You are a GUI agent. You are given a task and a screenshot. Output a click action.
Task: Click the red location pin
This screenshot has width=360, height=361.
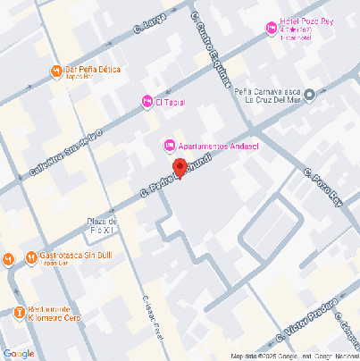[x=179, y=167]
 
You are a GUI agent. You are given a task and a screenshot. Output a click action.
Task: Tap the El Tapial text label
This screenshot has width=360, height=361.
[x=170, y=103]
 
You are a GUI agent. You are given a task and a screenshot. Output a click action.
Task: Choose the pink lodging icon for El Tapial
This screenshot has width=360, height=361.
[x=147, y=103]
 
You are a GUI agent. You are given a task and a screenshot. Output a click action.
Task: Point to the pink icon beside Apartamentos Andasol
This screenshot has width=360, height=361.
[x=168, y=146]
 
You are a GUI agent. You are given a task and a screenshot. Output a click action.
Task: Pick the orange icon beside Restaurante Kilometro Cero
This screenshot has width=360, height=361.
[x=20, y=312]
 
